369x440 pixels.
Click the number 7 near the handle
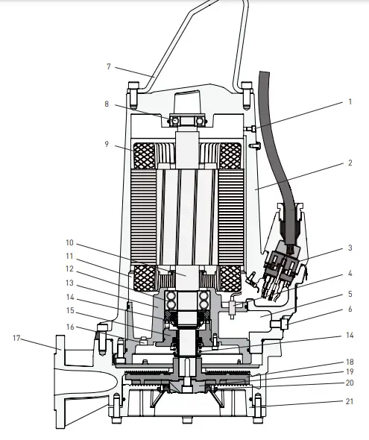[109, 66]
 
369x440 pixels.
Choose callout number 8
[109, 104]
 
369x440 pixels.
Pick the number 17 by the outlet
[17, 338]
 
